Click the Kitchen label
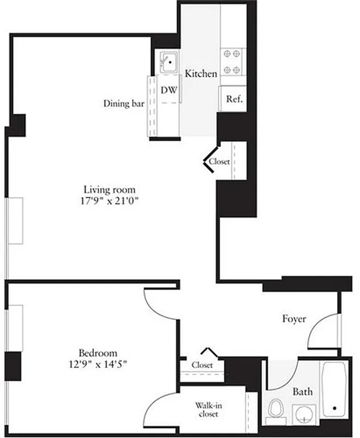(x=201, y=73)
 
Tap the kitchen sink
(x=170, y=62)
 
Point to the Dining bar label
(x=124, y=103)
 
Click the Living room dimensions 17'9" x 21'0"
(x=114, y=200)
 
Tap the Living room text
(x=113, y=190)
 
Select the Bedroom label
(x=98, y=353)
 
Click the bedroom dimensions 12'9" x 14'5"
(x=98, y=363)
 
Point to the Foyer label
(x=294, y=319)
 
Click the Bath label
(x=303, y=391)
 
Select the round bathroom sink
(x=303, y=414)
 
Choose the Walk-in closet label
(x=208, y=410)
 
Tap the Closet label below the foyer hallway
(x=202, y=365)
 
